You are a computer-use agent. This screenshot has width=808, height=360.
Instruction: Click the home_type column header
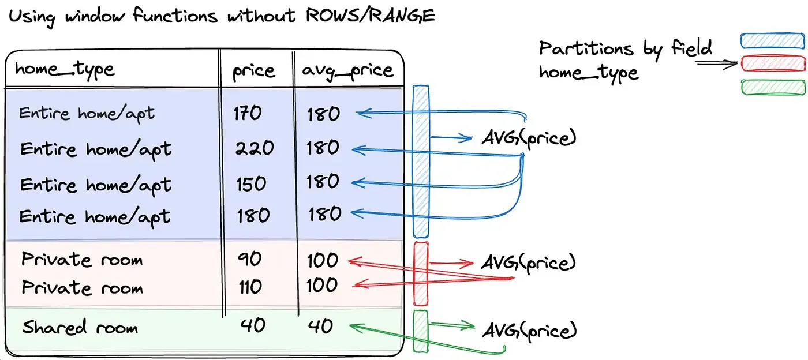click(x=65, y=70)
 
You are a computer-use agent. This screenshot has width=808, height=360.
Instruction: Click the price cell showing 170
click(x=248, y=113)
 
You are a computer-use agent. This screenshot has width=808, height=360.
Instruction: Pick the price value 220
click(x=255, y=148)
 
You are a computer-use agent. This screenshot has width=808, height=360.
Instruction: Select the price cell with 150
click(x=251, y=183)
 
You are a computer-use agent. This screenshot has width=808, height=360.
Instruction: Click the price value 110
click(x=250, y=286)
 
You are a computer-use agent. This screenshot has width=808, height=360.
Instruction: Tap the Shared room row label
click(x=80, y=328)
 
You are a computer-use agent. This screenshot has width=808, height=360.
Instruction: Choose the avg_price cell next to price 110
click(x=322, y=285)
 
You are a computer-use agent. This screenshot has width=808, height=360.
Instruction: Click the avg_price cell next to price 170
click(x=323, y=114)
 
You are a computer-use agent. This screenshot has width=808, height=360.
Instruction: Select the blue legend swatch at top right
click(x=772, y=40)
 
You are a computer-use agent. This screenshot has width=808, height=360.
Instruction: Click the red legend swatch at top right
click(x=772, y=63)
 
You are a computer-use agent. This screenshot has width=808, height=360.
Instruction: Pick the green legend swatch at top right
click(x=772, y=87)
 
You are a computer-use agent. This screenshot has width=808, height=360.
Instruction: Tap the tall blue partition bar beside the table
click(x=421, y=161)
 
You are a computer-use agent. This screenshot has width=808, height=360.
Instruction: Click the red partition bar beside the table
click(x=421, y=273)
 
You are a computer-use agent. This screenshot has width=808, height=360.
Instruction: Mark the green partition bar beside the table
click(x=420, y=331)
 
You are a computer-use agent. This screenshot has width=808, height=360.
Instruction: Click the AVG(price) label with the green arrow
click(x=529, y=330)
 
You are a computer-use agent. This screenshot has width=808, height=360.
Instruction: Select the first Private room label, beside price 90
click(x=82, y=260)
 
